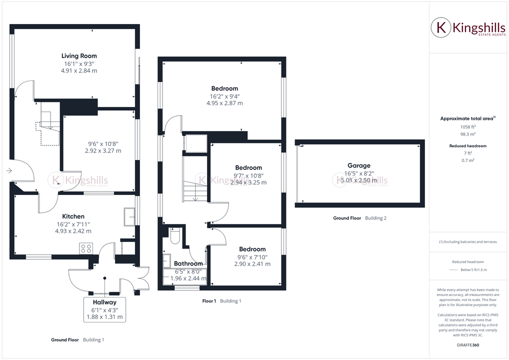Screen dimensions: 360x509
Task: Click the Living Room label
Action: tap(79, 56)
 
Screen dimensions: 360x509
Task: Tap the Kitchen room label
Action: tap(73, 216)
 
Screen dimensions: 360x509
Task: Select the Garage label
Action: tap(359, 165)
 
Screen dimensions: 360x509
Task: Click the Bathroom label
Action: tap(188, 263)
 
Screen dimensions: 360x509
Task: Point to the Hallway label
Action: tap(104, 302)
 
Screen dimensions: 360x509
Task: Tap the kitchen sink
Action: tap(129, 215)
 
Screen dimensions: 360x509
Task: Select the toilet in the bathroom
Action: tap(175, 236)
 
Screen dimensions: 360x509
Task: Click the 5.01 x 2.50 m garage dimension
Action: tap(359, 180)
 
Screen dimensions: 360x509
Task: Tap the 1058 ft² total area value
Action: tap(467, 127)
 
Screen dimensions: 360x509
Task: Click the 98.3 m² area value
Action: tap(467, 134)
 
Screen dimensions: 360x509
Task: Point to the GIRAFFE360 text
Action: tap(467, 345)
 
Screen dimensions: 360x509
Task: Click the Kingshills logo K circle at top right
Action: tap(441, 27)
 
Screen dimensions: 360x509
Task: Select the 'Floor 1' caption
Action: tap(209, 301)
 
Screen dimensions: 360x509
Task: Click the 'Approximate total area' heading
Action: tap(466, 118)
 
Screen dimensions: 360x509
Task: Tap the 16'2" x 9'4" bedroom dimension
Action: tap(224, 96)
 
